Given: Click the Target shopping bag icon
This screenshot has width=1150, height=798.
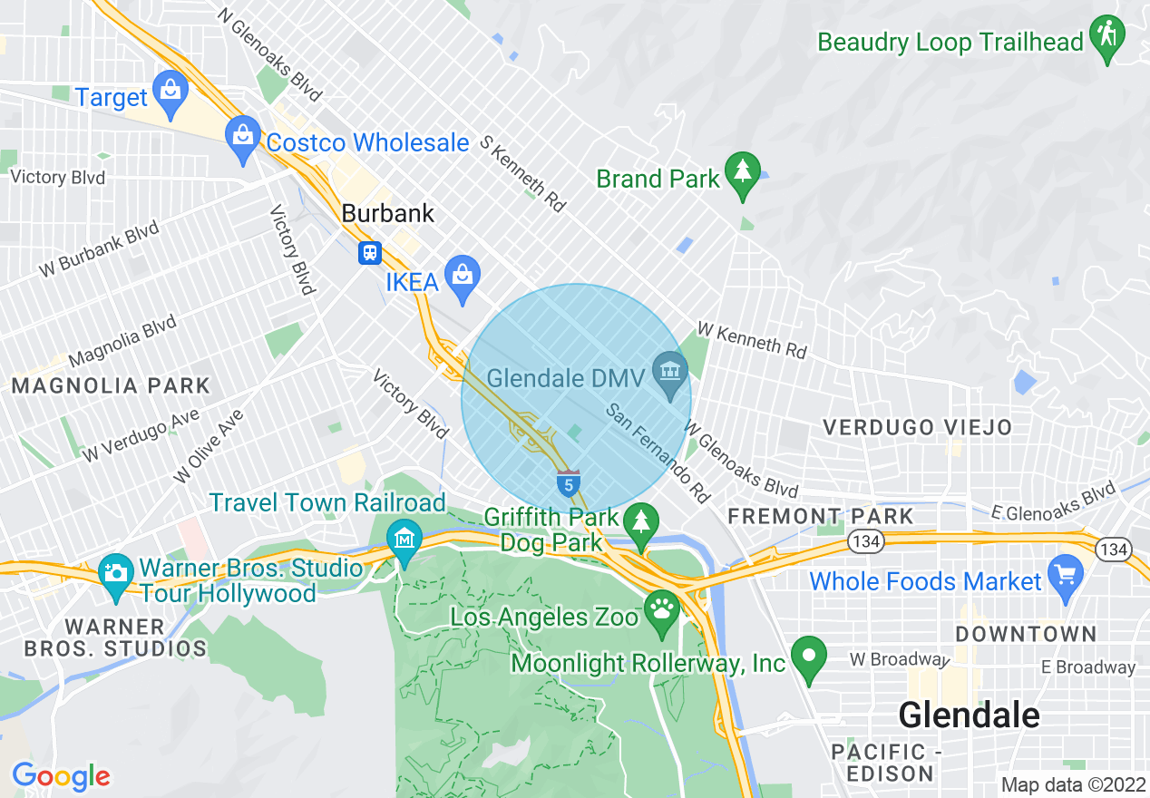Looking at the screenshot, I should pyautogui.click(x=170, y=88).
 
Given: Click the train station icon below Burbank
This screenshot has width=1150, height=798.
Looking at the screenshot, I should pyautogui.click(x=369, y=252).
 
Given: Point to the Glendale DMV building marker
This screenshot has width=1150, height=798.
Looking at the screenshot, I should pyautogui.click(x=671, y=371).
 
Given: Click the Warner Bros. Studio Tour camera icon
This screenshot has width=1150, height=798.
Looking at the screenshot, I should pyautogui.click(x=115, y=573).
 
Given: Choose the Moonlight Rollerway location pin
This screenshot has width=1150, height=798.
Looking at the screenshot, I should pyautogui.click(x=808, y=655).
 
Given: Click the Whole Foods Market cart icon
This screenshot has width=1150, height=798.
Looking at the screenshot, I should pyautogui.click(x=1065, y=574).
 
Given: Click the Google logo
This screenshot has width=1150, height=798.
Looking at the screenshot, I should pyautogui.click(x=61, y=776).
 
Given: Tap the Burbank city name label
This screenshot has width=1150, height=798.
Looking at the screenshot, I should pyautogui.click(x=388, y=213).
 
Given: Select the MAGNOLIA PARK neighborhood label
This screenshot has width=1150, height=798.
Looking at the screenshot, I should pyautogui.click(x=111, y=385).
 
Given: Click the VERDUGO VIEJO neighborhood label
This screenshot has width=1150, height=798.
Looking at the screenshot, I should pyautogui.click(x=917, y=427).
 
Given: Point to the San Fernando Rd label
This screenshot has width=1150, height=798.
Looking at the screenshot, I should pyautogui.click(x=658, y=453).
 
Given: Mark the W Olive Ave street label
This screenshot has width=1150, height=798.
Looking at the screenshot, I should pyautogui.click(x=210, y=445).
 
